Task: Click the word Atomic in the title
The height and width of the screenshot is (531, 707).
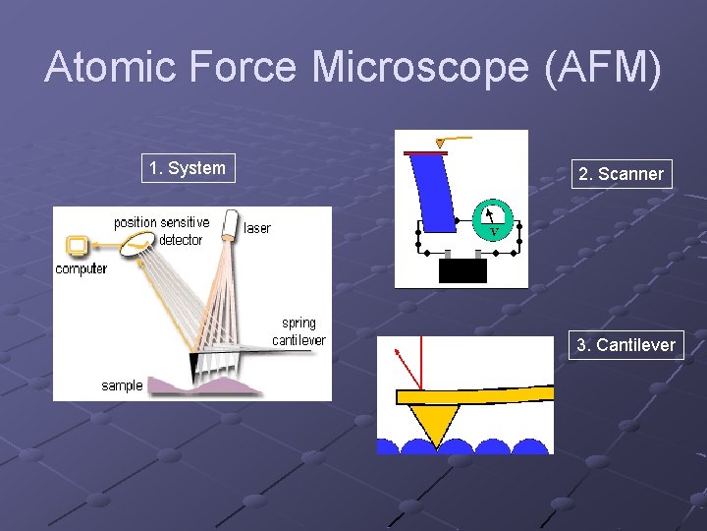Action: pyautogui.click(x=105, y=67)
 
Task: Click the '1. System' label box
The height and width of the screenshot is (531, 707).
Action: pyautogui.click(x=188, y=168)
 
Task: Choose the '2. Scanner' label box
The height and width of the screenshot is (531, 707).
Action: pyautogui.click(x=621, y=174)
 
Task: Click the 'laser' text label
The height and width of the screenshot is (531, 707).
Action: pyautogui.click(x=257, y=228)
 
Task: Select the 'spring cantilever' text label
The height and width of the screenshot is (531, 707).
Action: pyautogui.click(x=299, y=331)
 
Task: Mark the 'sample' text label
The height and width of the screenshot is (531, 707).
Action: pyautogui.click(x=122, y=385)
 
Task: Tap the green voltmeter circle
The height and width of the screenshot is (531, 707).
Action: pyautogui.click(x=493, y=219)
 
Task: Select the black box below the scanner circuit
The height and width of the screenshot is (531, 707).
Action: pyautogui.click(x=462, y=270)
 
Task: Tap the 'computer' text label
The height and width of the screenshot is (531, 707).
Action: pyautogui.click(x=82, y=268)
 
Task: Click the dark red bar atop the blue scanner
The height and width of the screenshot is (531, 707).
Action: pyautogui.click(x=425, y=153)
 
